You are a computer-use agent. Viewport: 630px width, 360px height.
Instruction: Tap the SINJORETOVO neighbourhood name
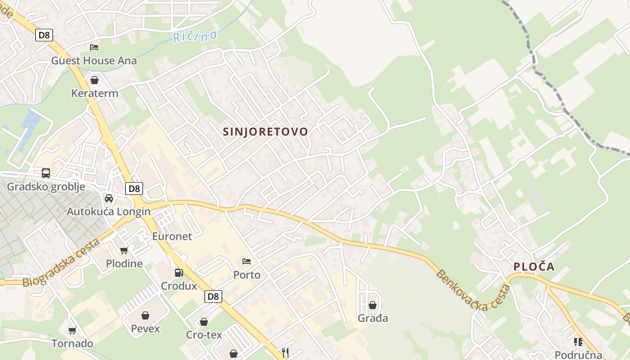[265, 131]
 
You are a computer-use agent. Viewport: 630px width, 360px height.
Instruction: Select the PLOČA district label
[534, 267]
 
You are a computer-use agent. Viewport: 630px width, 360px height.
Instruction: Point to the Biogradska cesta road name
[61, 263]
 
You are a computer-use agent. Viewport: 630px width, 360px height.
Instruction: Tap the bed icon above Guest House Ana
[94, 47]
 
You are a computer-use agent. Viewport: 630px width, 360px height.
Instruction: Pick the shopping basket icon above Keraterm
[94, 80]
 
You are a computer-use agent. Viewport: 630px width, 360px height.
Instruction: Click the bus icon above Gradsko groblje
[46, 173]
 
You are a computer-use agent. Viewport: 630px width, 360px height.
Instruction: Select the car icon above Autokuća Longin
[109, 198]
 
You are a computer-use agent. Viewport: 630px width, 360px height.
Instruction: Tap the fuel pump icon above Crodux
[179, 272]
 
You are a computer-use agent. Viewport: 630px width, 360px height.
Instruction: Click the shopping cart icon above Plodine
[124, 250]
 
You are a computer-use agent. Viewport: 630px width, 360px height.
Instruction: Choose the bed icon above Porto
[247, 261]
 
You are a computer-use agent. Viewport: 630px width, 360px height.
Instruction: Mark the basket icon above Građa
[373, 305]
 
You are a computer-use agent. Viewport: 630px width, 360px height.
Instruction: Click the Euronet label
[172, 236]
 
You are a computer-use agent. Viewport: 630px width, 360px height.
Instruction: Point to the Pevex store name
[145, 328]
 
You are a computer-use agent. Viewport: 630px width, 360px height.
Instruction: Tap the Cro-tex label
[204, 335]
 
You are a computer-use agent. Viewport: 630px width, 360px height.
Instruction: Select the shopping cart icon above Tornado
[72, 330]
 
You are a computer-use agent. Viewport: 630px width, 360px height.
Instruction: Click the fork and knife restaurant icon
[285, 352]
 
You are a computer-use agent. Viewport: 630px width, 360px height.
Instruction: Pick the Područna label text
[579, 355]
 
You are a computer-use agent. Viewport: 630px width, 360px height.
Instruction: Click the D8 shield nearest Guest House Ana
[44, 35]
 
